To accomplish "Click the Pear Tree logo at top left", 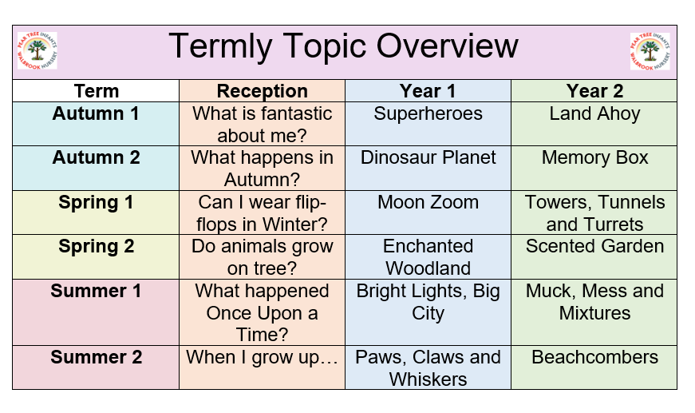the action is click(x=38, y=50).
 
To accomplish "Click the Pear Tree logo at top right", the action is click(x=650, y=50).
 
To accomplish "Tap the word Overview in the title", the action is click(x=447, y=46).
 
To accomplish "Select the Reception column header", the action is click(x=263, y=91).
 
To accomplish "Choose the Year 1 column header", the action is click(x=428, y=91).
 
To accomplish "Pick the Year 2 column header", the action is click(x=594, y=91).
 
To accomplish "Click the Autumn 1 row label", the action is click(x=96, y=113).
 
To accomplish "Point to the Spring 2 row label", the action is click(x=97, y=247).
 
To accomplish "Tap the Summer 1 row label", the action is click(x=96, y=291).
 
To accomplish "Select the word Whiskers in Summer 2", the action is click(x=428, y=379).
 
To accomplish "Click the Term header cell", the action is click(x=97, y=91).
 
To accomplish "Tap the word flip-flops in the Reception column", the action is click(x=263, y=213).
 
